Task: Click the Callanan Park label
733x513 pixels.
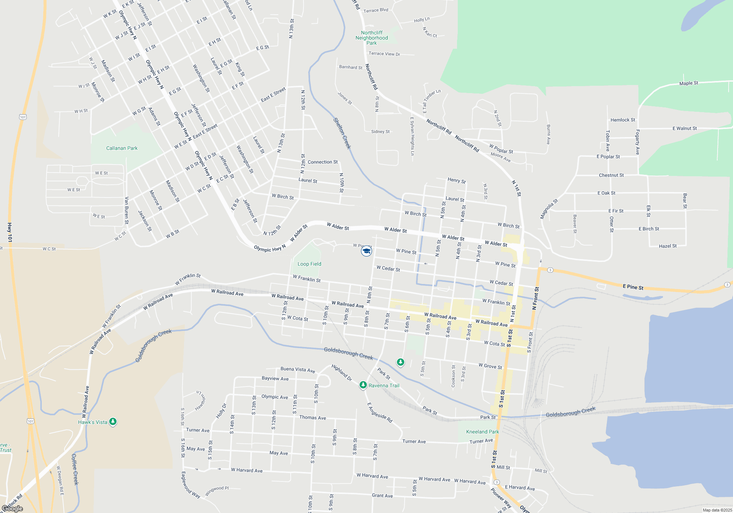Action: point(122,148)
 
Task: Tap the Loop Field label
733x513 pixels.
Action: point(309,264)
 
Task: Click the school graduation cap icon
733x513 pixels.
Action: point(366,251)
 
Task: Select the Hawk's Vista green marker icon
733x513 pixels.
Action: point(113,422)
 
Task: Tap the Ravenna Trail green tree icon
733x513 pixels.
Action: point(363,385)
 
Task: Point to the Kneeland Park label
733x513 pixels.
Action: point(482,432)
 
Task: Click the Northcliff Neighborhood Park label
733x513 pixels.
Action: point(372,38)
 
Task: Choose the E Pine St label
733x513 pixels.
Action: point(633,287)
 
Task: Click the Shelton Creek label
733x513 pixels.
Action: point(342,133)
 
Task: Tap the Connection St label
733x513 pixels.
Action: point(323,162)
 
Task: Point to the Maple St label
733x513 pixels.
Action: point(689,84)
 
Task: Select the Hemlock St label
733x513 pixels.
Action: point(623,120)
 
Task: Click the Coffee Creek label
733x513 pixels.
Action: point(75,469)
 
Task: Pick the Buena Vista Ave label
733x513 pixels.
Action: point(298,370)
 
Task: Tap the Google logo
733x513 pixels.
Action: point(12,509)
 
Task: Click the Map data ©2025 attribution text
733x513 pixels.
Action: point(717,510)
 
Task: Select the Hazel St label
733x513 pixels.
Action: point(668,246)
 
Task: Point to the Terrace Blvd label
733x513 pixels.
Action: point(376,10)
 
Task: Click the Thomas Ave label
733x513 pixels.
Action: point(313,418)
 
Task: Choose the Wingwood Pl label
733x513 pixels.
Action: point(217,491)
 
